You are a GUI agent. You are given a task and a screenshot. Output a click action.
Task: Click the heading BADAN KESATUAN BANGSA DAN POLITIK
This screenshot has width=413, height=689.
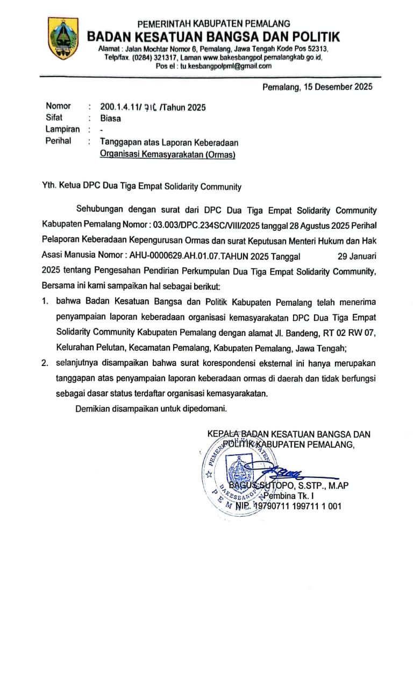pyautogui.click(x=213, y=37)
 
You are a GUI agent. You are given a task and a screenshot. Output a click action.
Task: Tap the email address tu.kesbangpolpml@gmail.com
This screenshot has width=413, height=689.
pyautogui.click(x=226, y=66)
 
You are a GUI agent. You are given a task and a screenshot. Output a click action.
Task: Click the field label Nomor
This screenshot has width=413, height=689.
pyautogui.click(x=58, y=107)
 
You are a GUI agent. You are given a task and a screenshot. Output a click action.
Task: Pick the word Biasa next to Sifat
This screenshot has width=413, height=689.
pyautogui.click(x=111, y=118)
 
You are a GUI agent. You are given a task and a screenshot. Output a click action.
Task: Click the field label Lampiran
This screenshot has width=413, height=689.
pyautogui.click(x=63, y=130)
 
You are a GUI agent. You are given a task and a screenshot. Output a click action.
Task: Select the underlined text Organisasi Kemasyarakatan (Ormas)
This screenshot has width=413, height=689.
pyautogui.click(x=168, y=154)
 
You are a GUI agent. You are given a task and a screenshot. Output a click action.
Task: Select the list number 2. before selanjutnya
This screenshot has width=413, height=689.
pyautogui.click(x=46, y=363)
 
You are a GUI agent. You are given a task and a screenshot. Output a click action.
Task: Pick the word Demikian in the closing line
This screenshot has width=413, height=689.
pyautogui.click(x=95, y=409)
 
